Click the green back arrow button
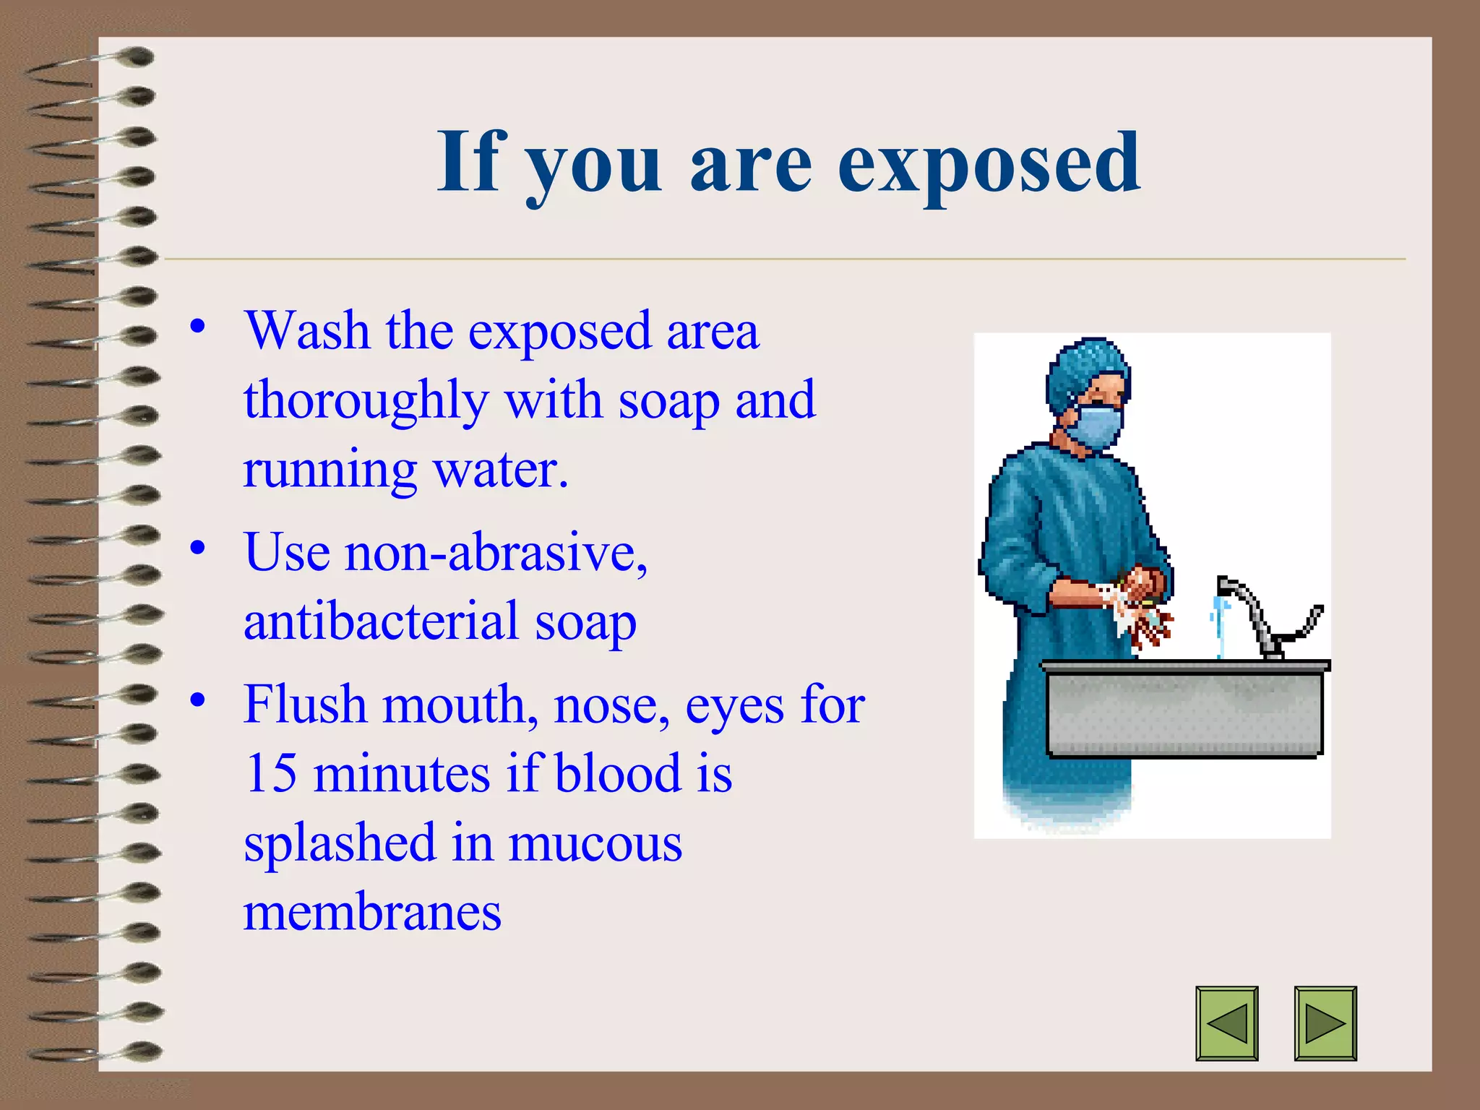click(1226, 1023)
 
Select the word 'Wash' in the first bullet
click(307, 331)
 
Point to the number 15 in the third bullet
click(270, 773)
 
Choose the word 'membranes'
click(372, 912)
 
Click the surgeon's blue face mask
click(1097, 426)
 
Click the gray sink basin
click(1185, 712)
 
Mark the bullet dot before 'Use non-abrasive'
click(198, 548)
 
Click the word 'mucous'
click(595, 843)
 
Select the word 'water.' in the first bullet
click(500, 470)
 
